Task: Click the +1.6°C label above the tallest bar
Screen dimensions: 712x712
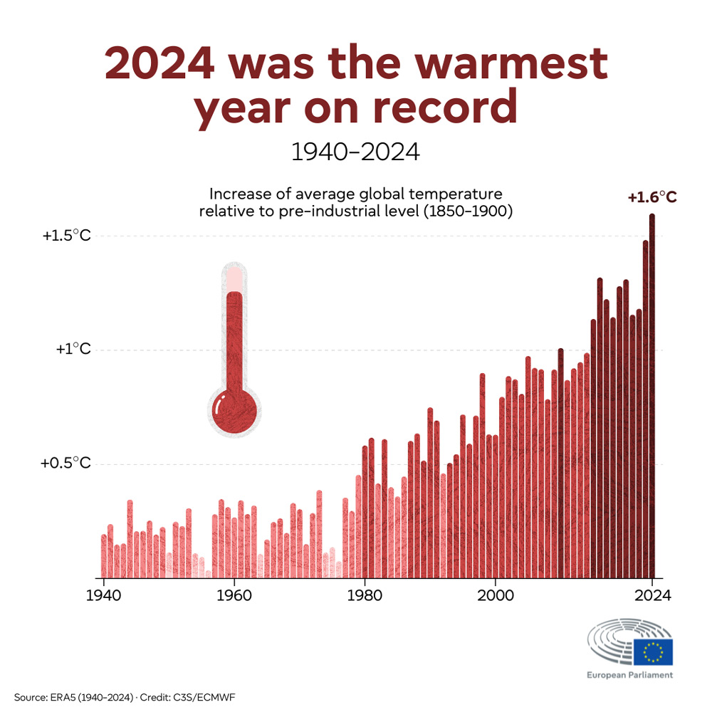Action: [x=651, y=199]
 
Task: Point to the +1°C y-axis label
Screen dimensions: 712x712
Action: [x=73, y=350]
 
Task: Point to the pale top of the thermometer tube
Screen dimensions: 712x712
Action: [x=234, y=278]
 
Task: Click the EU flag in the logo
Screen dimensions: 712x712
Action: [x=653, y=651]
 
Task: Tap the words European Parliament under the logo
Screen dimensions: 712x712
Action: [x=629, y=674]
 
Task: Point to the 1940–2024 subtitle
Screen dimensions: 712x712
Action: [x=355, y=152]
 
